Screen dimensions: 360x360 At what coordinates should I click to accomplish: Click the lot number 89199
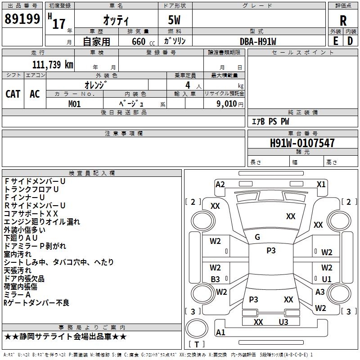tap(22, 19)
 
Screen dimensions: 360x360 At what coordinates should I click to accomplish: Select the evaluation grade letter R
tap(343, 21)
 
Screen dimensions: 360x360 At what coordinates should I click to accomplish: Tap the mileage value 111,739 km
tap(53, 64)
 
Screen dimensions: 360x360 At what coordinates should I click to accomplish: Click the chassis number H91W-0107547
tap(302, 143)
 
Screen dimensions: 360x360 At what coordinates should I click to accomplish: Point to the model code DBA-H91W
tap(258, 41)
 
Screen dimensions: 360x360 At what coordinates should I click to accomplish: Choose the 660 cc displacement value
tap(143, 41)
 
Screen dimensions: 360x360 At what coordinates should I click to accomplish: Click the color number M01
tap(74, 104)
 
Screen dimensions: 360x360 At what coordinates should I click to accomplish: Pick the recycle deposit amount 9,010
tap(227, 103)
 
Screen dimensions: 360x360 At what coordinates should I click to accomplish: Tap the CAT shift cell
tap(13, 94)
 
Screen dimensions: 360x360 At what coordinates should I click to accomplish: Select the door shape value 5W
tap(174, 20)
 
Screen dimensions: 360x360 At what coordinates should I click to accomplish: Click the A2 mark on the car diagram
tap(220, 184)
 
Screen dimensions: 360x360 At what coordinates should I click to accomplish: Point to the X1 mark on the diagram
tap(321, 184)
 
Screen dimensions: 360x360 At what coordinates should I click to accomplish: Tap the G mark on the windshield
tap(257, 237)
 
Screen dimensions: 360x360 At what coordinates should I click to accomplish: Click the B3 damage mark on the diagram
tap(216, 279)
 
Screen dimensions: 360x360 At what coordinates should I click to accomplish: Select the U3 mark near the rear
tap(283, 322)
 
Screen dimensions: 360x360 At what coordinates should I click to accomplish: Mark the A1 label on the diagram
tap(220, 332)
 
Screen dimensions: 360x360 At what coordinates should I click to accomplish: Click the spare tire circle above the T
tap(197, 328)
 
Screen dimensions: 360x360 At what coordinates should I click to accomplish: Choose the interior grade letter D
tap(350, 41)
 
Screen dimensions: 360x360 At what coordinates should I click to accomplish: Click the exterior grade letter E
tap(336, 41)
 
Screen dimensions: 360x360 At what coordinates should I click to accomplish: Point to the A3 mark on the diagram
tap(320, 292)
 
